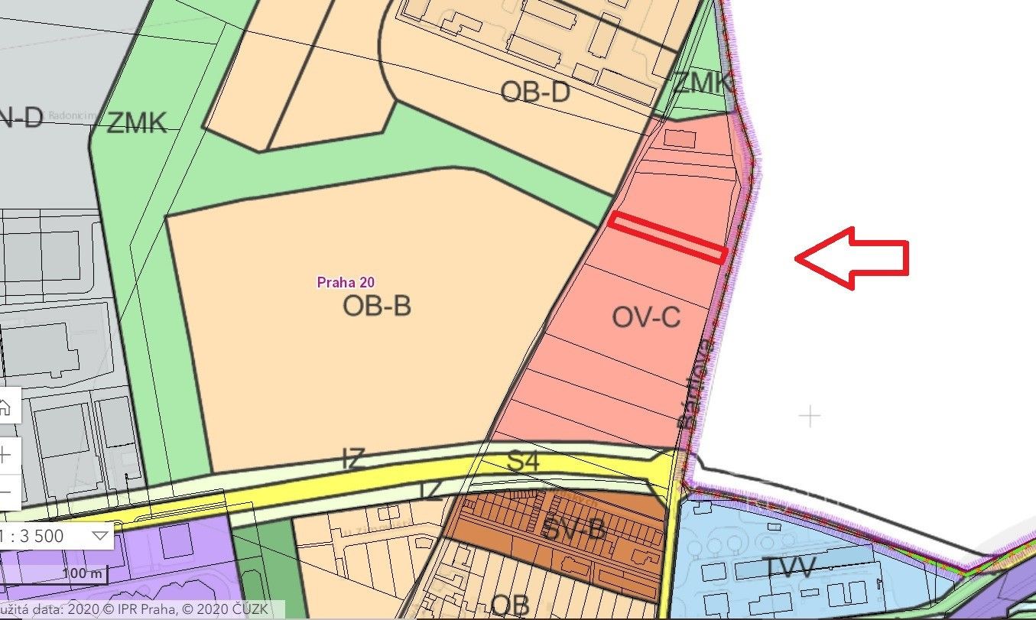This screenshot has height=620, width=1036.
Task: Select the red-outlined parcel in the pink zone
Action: pos(667,237)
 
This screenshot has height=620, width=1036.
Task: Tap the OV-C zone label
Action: pos(646,316)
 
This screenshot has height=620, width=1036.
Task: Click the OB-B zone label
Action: pos(377,306)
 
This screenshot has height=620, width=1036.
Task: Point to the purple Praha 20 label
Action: pos(346,282)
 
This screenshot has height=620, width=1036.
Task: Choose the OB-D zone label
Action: pos(535,93)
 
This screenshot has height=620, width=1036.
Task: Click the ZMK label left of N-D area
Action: pos(137,122)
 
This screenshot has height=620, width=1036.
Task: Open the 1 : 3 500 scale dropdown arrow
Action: pos(99,535)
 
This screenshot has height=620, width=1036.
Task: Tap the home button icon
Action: pos(6,407)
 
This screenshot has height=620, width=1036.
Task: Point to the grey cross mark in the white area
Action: pos(809,417)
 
